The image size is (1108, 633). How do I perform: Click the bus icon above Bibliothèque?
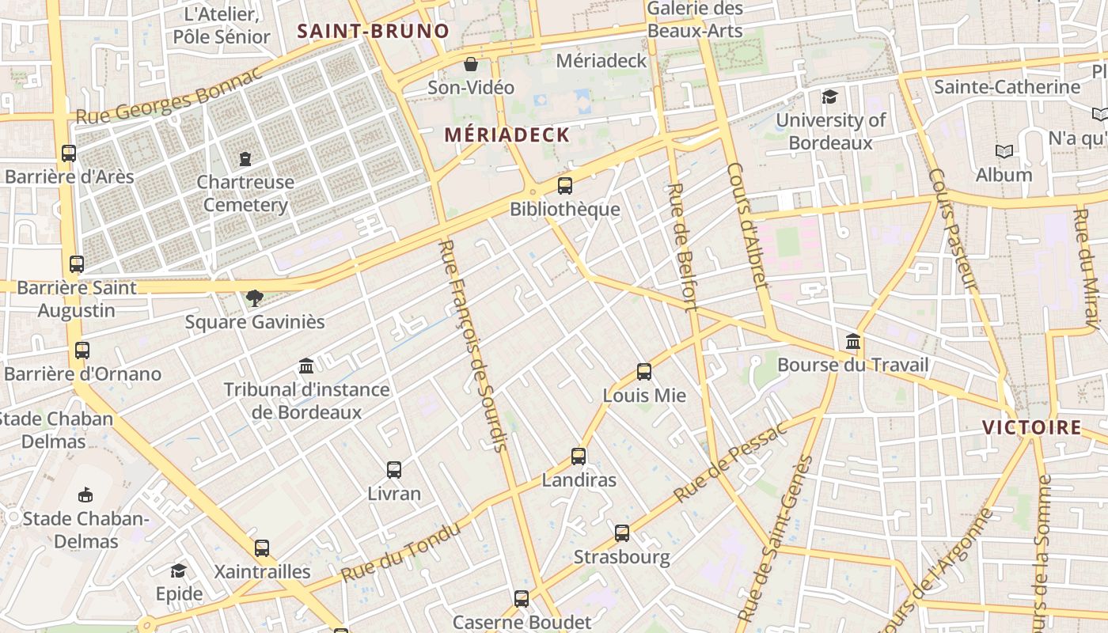pyautogui.click(x=564, y=186)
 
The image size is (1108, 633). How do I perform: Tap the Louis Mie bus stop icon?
pyautogui.click(x=644, y=371)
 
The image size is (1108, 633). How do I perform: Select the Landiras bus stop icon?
pyautogui.click(x=579, y=456)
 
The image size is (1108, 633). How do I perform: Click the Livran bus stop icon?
pyautogui.click(x=394, y=469)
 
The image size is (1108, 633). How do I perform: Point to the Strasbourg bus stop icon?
pyautogui.click(x=622, y=533)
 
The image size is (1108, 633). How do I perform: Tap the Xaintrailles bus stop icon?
pyautogui.click(x=262, y=548)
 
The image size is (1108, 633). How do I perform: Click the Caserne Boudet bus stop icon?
pyautogui.click(x=522, y=598)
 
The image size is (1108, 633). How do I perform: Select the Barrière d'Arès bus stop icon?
pyautogui.click(x=69, y=153)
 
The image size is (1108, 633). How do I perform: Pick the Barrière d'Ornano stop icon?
pyautogui.click(x=82, y=350)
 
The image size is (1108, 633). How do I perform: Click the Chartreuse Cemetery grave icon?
pyautogui.click(x=245, y=158)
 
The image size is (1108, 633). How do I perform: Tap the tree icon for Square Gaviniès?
pyautogui.click(x=254, y=298)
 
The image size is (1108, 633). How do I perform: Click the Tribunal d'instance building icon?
pyautogui.click(x=306, y=366)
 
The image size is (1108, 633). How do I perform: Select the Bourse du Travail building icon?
pyautogui.click(x=853, y=341)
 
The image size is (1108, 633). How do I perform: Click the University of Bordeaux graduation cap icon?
pyautogui.click(x=829, y=97)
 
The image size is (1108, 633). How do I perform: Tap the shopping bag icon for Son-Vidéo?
pyautogui.click(x=471, y=63)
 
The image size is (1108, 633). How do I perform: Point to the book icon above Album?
pyautogui.click(x=1004, y=151)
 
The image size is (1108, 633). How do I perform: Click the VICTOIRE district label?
pyautogui.click(x=1031, y=427)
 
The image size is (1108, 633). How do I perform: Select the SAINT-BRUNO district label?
pyautogui.click(x=373, y=32)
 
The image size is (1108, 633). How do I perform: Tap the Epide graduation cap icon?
pyautogui.click(x=179, y=570)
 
